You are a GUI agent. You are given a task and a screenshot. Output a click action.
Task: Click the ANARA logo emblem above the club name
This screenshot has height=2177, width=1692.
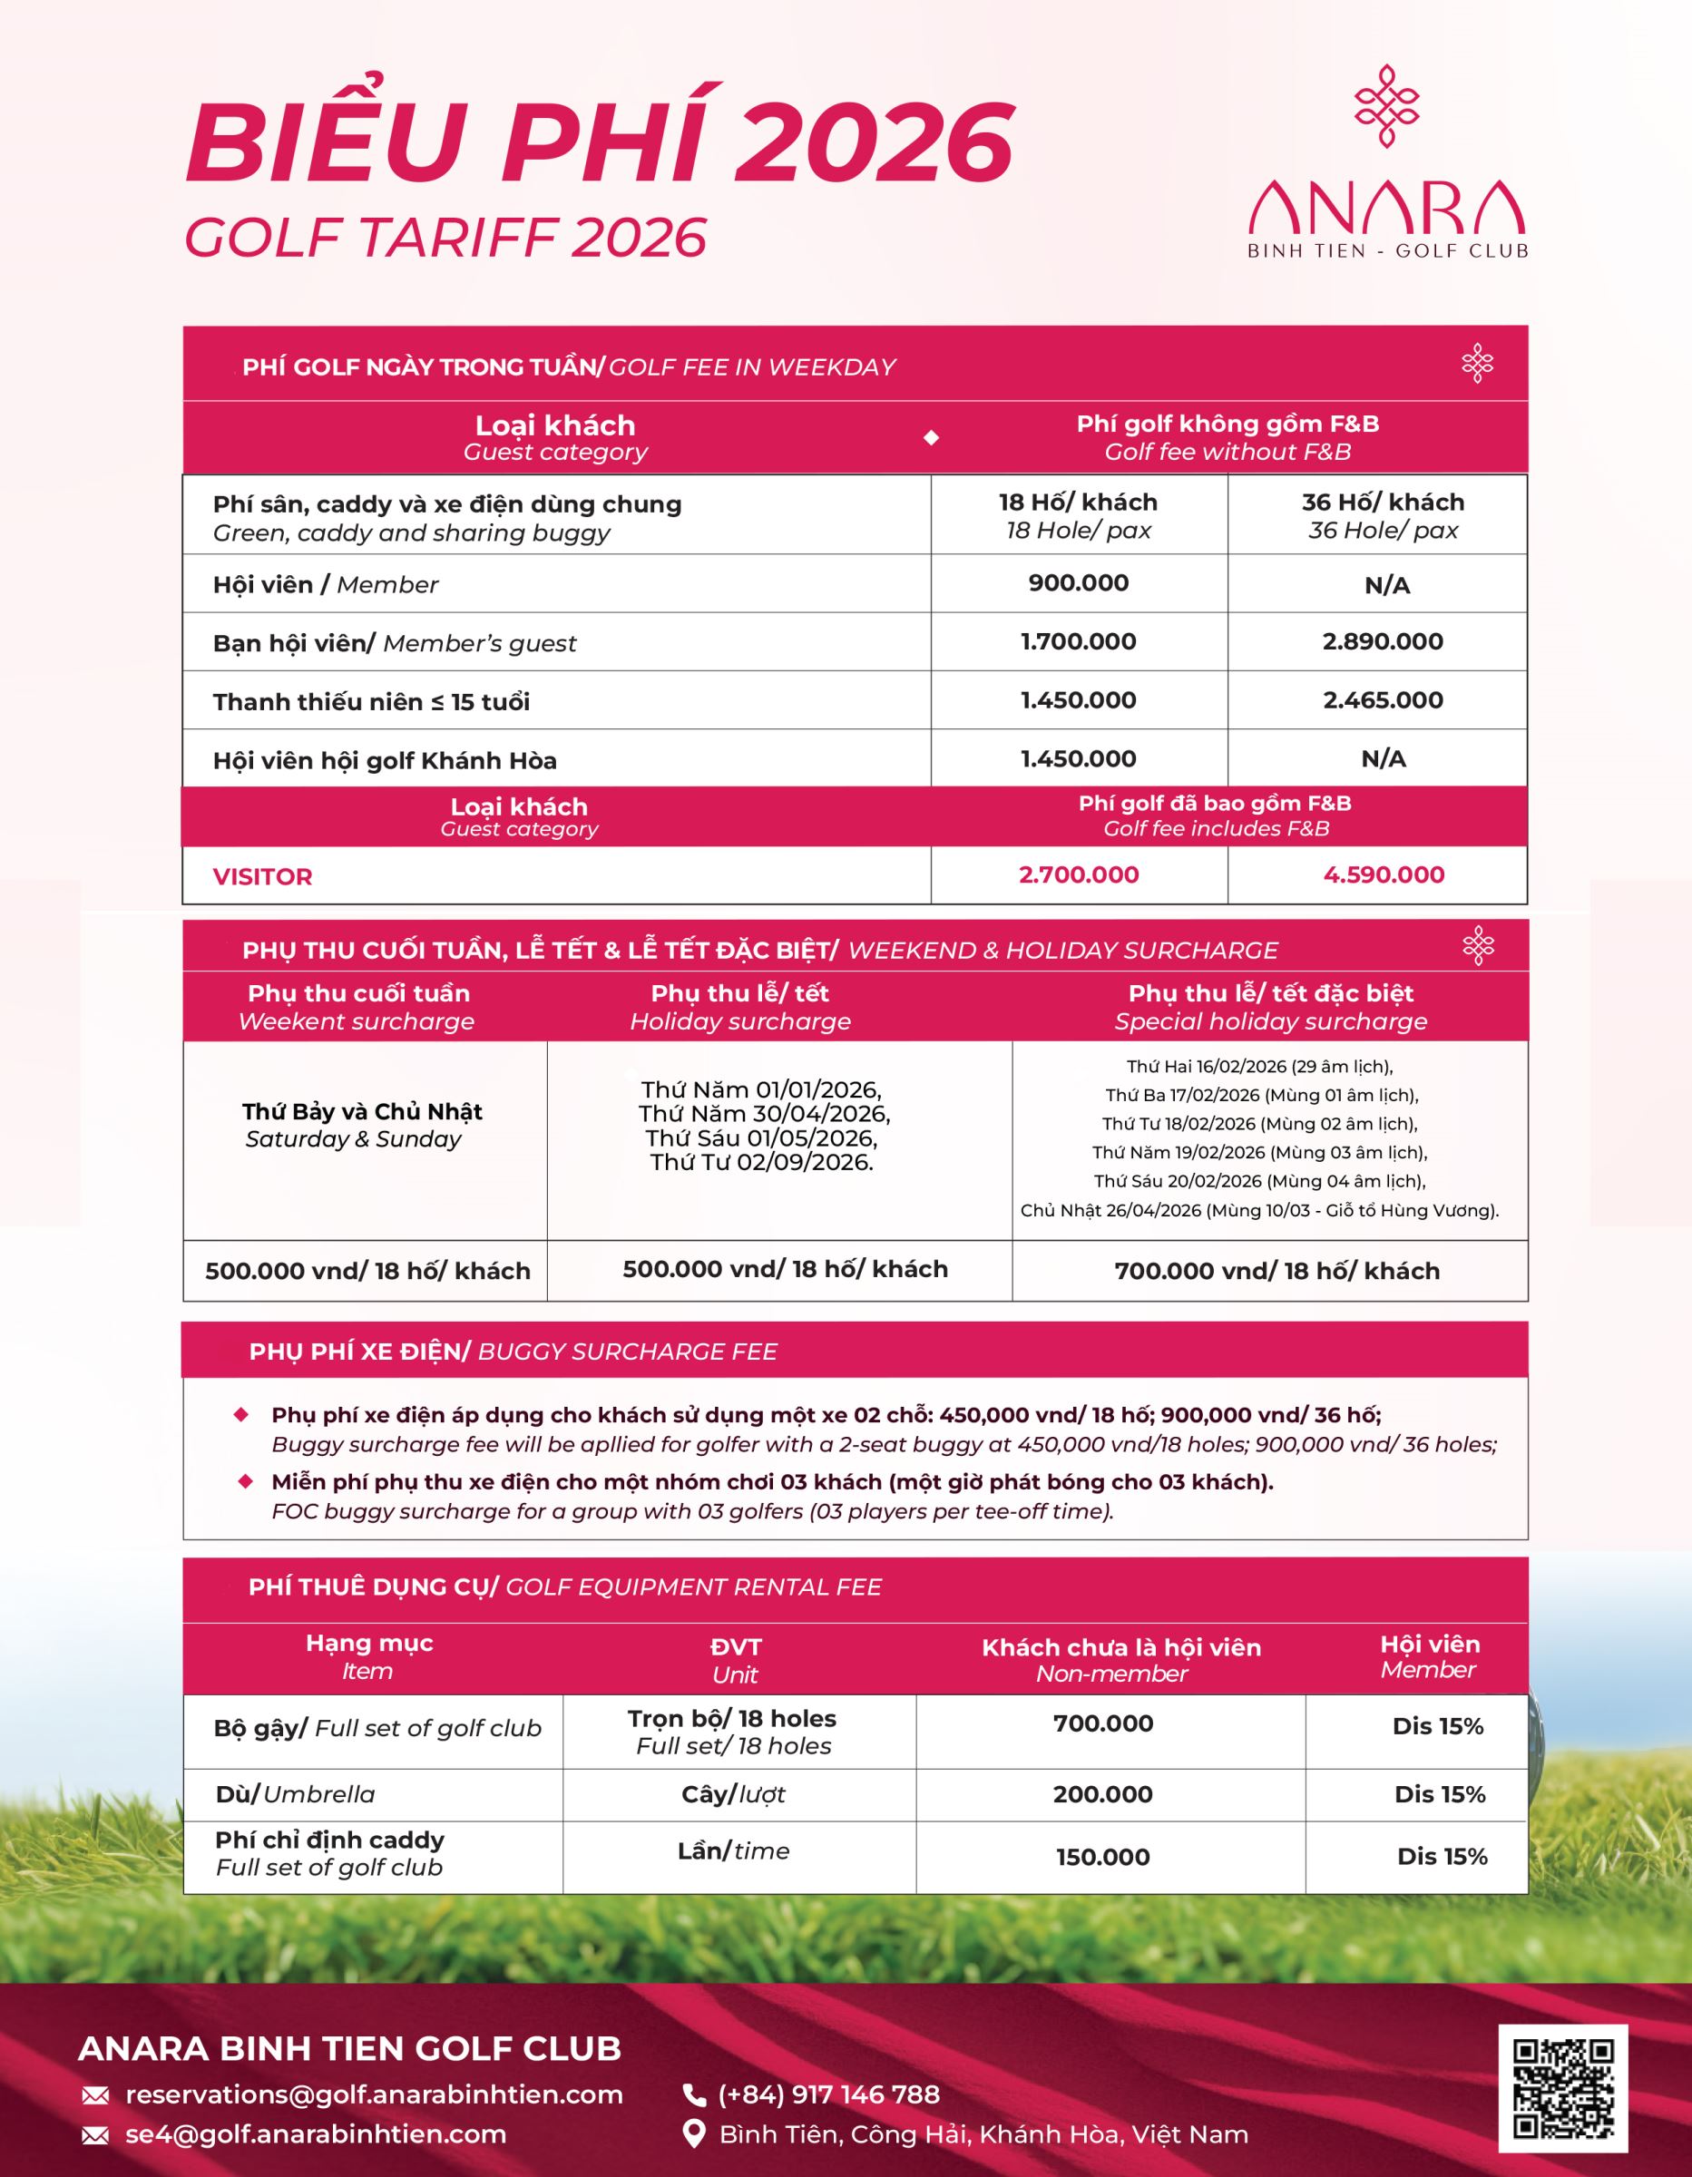pyautogui.click(x=1386, y=105)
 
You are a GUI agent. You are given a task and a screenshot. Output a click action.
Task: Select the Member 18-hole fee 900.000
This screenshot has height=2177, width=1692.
pyautogui.click(x=1078, y=583)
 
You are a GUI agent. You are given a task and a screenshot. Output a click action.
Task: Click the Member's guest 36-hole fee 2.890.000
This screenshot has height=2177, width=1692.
pyautogui.click(x=1382, y=642)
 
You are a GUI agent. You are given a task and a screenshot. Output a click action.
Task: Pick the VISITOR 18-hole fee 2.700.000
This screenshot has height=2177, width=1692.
pyautogui.click(x=1078, y=875)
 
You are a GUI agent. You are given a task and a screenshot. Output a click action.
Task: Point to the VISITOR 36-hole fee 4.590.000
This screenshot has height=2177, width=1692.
pyautogui.click(x=1383, y=875)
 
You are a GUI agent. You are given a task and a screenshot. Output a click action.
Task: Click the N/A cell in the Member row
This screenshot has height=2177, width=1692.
pyautogui.click(x=1386, y=585)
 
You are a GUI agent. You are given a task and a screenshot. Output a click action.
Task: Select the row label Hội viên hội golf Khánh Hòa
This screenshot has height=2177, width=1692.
pyautogui.click(x=385, y=760)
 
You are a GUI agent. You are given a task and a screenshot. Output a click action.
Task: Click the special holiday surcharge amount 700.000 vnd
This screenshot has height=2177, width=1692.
pyautogui.click(x=1276, y=1271)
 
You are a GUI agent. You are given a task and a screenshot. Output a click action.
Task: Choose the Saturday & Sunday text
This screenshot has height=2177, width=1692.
pyautogui.click(x=353, y=1139)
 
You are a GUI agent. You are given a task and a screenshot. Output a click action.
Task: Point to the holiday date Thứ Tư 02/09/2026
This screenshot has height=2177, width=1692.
pyautogui.click(x=762, y=1162)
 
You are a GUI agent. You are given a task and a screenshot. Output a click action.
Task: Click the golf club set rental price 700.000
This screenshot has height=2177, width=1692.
pyautogui.click(x=1102, y=1723)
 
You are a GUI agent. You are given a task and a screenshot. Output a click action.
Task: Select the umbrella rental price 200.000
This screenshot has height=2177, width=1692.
pyautogui.click(x=1102, y=1794)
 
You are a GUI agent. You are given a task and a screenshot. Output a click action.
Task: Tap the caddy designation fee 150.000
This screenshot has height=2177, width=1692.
pyautogui.click(x=1102, y=1857)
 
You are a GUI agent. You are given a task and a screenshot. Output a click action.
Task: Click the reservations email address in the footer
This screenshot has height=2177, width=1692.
pyautogui.click(x=374, y=2094)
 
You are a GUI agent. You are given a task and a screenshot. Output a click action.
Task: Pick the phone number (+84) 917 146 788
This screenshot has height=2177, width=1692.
pyautogui.click(x=828, y=2094)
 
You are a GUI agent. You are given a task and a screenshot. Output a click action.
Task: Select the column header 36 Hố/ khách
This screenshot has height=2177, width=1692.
pyautogui.click(x=1382, y=503)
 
